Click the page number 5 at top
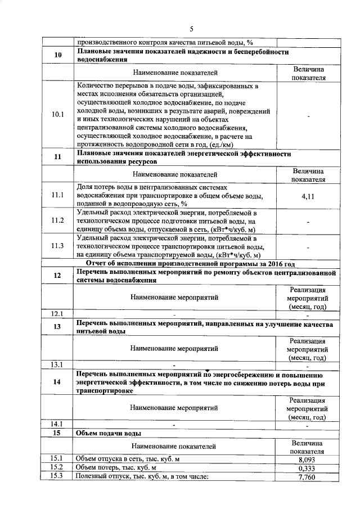point(191,29)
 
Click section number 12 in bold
point(58,276)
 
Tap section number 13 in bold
point(58,327)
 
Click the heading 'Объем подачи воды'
point(109,433)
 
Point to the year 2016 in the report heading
point(275,263)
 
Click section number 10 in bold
point(58,55)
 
